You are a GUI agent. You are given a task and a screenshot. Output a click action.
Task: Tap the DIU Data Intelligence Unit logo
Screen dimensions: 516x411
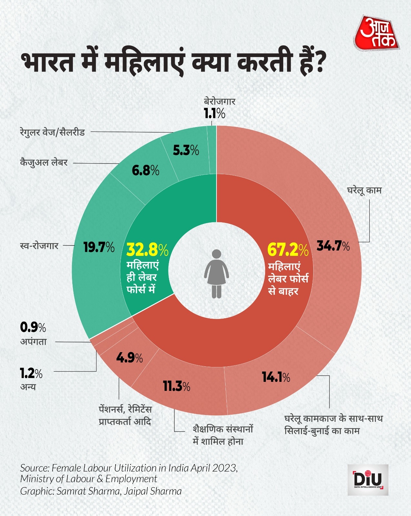[368, 480]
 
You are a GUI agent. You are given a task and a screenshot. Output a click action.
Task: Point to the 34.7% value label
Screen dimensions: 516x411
[333, 246]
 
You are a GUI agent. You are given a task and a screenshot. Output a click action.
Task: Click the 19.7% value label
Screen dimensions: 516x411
[99, 247]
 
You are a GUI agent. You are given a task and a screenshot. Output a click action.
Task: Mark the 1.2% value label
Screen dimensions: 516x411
[31, 373]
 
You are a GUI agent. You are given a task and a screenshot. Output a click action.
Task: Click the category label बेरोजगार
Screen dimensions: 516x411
[219, 101]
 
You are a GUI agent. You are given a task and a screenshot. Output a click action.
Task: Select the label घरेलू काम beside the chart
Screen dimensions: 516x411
[364, 190]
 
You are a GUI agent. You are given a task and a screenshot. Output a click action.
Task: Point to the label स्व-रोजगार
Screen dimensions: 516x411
[39, 246]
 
